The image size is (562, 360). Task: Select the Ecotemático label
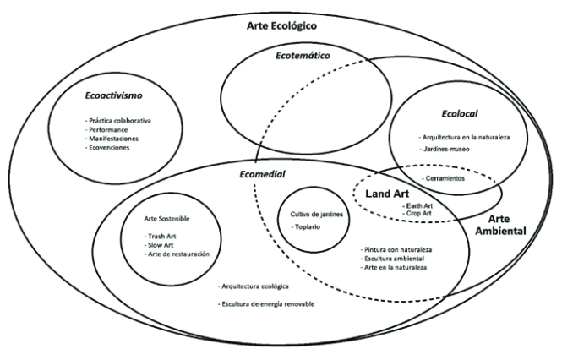point(302,56)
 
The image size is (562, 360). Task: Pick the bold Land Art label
point(388,194)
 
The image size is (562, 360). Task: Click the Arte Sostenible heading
point(167,218)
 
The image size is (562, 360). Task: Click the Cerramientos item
point(450,178)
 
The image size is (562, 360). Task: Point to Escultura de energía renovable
point(265,304)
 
